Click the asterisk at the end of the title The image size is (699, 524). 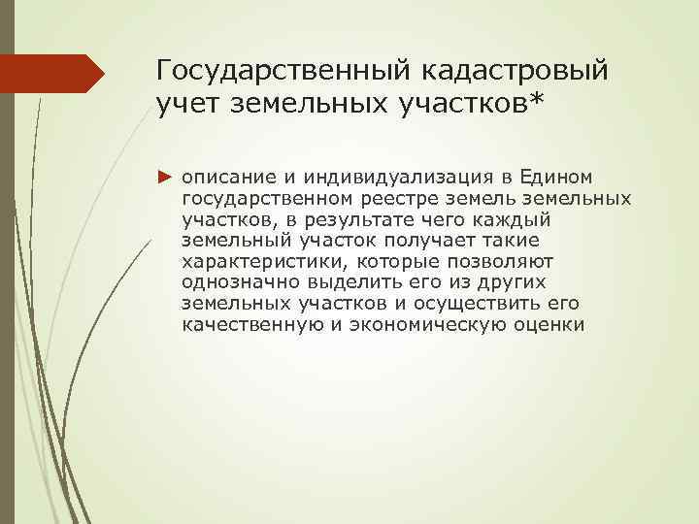(535, 100)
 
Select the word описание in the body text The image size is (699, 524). (225, 178)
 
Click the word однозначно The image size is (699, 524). (236, 281)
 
